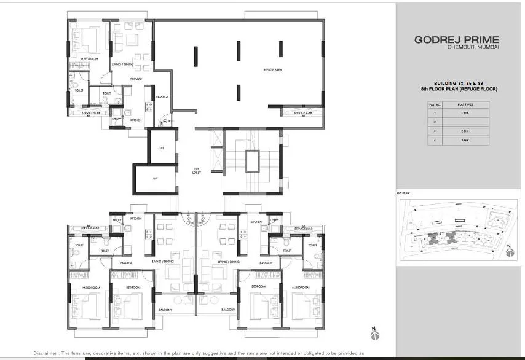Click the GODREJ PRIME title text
click(x=456, y=40)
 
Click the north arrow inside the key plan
click(x=509, y=250)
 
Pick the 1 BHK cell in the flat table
click(x=465, y=114)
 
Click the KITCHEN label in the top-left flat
click(x=136, y=120)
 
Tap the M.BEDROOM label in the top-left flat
click(x=90, y=60)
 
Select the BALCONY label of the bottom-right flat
click(x=228, y=310)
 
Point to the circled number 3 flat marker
click(x=202, y=219)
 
